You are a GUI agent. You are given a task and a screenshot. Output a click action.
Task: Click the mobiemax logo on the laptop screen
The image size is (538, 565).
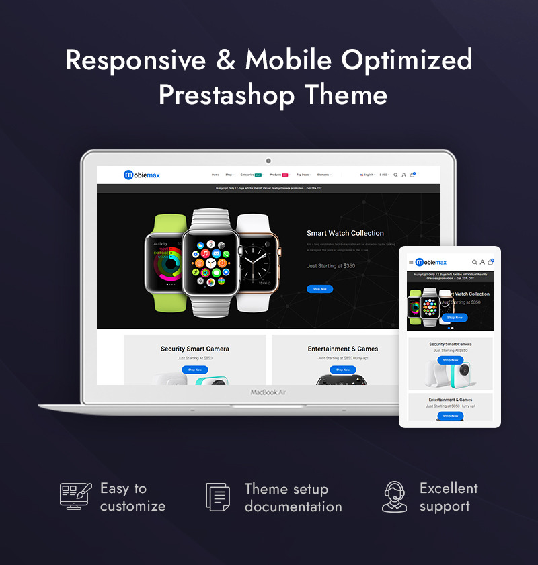142,175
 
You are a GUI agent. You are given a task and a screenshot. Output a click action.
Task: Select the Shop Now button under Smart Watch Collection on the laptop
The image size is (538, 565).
319,289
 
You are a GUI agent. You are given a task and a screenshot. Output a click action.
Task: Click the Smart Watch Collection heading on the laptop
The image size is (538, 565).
345,233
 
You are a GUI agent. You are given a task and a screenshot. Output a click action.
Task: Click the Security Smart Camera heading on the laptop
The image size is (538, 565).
195,349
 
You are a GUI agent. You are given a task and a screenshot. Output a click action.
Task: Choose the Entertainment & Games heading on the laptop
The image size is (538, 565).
343,349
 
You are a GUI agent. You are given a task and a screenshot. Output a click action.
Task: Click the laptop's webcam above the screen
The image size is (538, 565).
268,161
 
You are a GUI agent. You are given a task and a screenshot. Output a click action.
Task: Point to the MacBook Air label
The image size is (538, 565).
268,392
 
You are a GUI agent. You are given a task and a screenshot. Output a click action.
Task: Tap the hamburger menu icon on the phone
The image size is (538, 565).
411,262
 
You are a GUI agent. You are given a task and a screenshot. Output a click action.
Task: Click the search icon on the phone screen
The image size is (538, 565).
474,262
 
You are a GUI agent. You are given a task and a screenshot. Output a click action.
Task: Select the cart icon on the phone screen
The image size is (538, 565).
490,262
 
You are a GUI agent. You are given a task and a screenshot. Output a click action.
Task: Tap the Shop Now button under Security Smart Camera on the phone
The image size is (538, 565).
450,360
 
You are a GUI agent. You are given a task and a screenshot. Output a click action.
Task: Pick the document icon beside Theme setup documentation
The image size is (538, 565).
217,497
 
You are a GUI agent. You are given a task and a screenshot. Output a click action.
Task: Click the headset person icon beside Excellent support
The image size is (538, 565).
394,497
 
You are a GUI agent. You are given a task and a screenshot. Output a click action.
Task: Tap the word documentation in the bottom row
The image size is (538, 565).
293,507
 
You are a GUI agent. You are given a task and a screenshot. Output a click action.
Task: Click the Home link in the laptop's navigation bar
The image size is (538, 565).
215,175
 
